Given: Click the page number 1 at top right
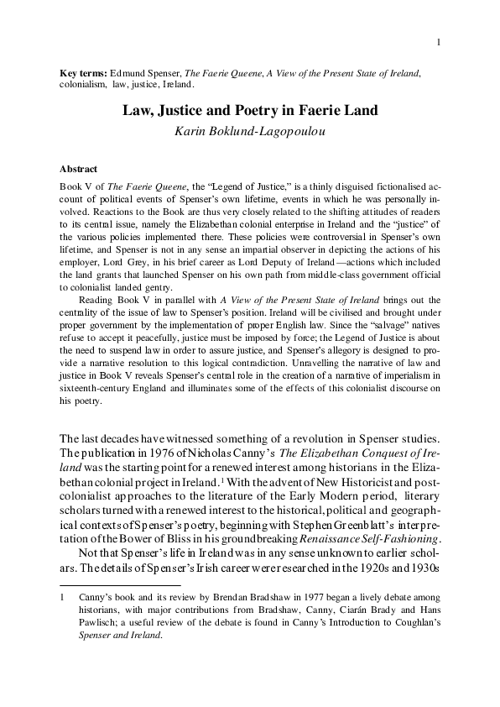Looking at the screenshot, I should tap(439, 43).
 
